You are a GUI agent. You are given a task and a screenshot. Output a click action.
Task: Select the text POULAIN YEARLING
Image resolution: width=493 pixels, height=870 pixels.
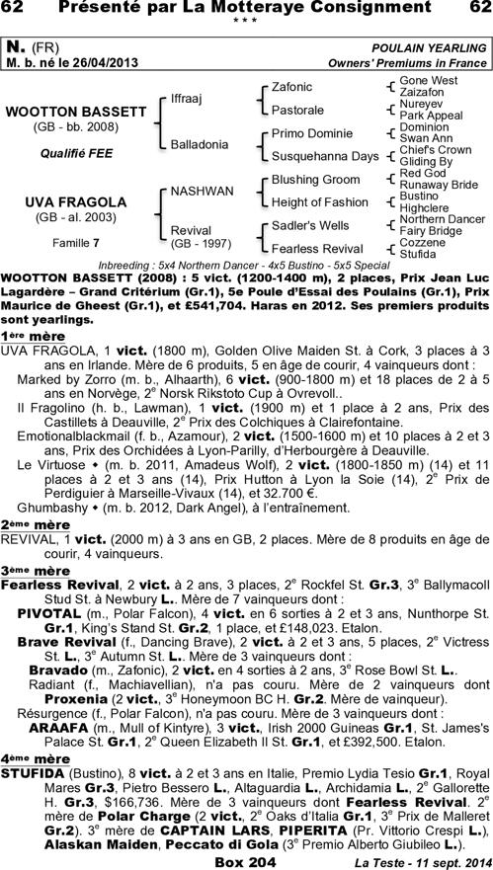(432, 48)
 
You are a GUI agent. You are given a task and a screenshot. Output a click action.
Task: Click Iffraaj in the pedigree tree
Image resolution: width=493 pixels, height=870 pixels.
(187, 100)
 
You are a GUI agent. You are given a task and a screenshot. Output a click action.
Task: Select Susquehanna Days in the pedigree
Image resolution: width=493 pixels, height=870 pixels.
(325, 156)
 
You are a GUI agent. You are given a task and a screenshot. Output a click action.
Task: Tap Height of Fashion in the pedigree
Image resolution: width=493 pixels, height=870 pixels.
(319, 202)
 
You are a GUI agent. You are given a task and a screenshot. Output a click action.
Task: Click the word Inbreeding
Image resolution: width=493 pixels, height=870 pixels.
(129, 267)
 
